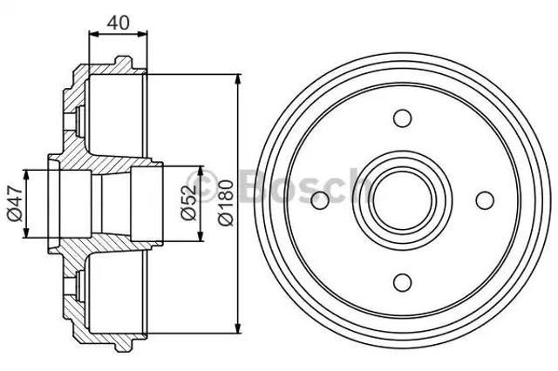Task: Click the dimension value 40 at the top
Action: (118, 24)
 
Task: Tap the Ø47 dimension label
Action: (16, 204)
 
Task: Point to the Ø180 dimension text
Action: (226, 203)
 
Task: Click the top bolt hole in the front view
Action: (403, 118)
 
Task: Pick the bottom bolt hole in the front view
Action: (403, 282)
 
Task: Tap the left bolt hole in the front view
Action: (320, 200)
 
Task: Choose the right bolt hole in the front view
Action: (485, 200)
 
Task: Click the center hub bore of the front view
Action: (403, 200)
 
